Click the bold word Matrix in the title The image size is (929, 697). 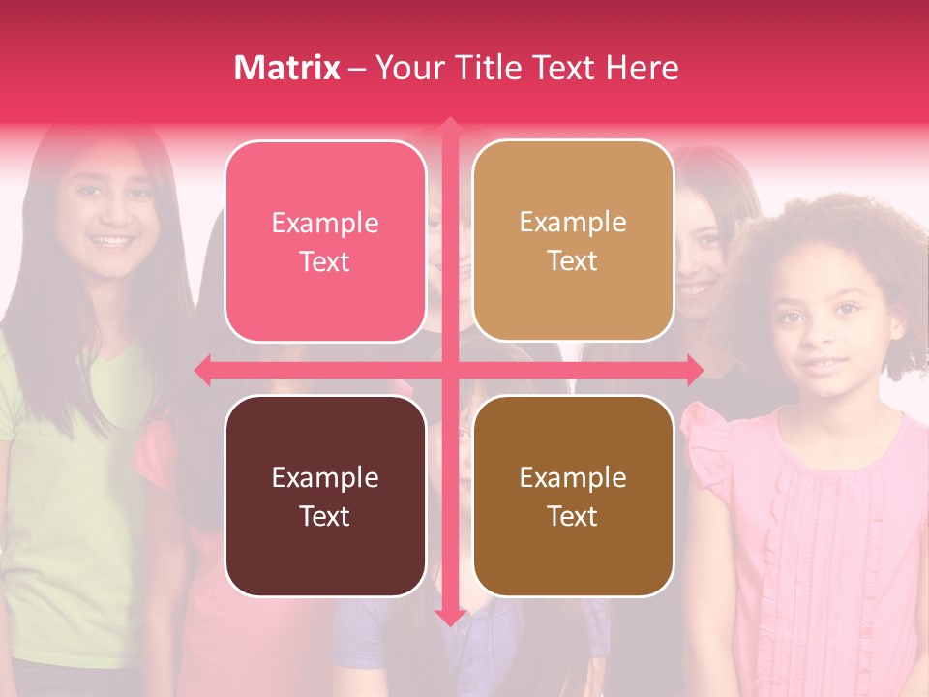(x=287, y=68)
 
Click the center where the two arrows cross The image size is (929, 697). (x=449, y=370)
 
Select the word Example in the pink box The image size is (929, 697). (x=325, y=224)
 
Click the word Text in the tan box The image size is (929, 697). (x=573, y=261)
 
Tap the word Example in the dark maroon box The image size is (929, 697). (x=325, y=478)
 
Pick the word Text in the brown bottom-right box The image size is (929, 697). (x=573, y=517)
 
